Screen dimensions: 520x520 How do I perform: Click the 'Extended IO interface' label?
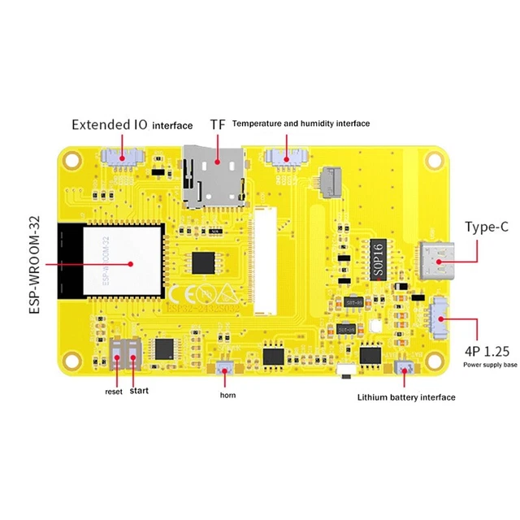coord(132,125)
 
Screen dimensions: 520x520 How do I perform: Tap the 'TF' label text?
coord(218,124)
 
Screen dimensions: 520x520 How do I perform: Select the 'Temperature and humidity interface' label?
coord(301,123)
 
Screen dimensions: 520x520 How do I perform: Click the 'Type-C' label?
coord(487,227)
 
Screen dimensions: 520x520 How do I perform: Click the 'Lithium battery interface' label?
coord(406,397)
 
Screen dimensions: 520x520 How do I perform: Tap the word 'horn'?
coord(227,395)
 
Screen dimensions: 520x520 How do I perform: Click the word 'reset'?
coord(114,392)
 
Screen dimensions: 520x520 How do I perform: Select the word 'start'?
coord(139,391)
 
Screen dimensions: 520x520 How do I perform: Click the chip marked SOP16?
coord(379,261)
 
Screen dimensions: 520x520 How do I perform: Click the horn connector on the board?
coord(225,367)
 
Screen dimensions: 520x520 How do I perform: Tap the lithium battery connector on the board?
coord(402,368)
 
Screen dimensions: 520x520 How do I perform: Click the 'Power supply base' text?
coord(490,365)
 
